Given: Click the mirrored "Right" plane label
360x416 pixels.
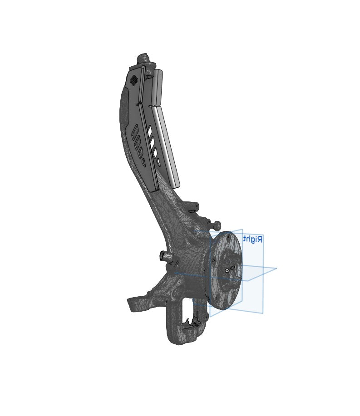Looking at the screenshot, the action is coord(253,239).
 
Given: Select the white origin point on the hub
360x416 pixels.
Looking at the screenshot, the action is coord(227,271).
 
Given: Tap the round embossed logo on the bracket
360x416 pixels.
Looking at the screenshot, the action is coord(133,80).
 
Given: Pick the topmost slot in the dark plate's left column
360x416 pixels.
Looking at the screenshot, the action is coord(134,131).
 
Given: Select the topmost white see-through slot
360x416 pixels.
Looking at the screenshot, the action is coord(150,130).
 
